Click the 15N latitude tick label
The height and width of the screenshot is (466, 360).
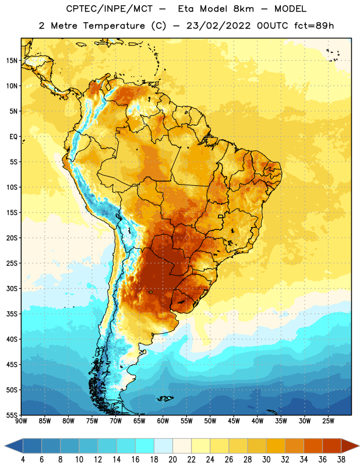(x=12, y=61)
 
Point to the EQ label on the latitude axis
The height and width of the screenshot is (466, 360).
(x=13, y=137)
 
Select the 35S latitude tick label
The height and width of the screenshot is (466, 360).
(x=12, y=314)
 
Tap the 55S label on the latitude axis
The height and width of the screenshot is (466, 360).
(x=12, y=415)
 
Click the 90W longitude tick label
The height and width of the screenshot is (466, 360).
(x=21, y=421)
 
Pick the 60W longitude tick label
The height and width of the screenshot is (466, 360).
(x=163, y=421)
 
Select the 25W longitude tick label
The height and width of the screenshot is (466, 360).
(x=328, y=421)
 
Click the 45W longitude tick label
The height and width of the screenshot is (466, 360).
(x=234, y=421)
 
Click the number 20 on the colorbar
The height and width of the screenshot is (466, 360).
(x=172, y=460)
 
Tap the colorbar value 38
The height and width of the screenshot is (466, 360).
(x=341, y=460)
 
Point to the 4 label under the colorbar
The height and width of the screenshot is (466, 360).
(x=23, y=460)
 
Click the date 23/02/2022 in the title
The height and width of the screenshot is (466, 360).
(x=218, y=26)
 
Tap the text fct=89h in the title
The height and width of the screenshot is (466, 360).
(x=314, y=26)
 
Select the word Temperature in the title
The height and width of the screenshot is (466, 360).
(x=114, y=26)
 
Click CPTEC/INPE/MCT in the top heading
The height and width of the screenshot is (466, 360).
(x=110, y=9)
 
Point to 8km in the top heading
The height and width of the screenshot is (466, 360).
(x=243, y=9)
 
